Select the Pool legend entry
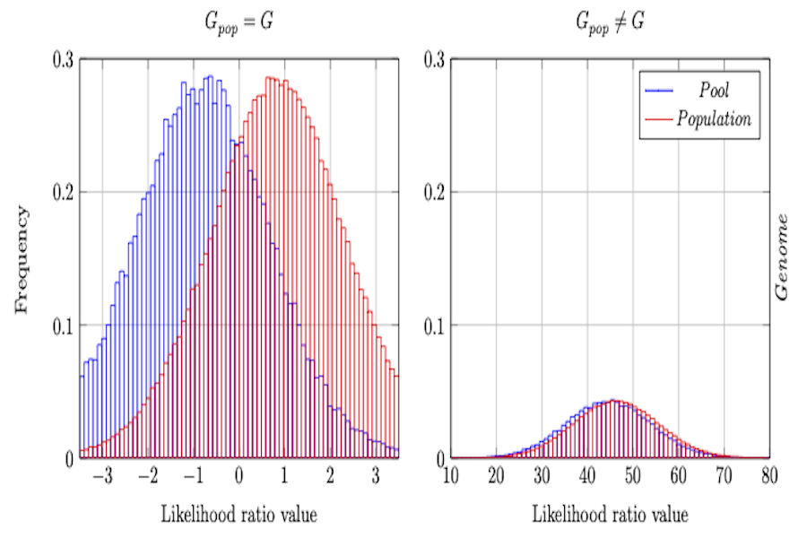tap(715, 92)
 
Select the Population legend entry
tap(715, 119)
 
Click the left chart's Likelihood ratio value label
tap(239, 515)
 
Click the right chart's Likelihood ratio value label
tap(610, 515)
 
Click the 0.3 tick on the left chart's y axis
tap(63, 59)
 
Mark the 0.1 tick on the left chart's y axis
tap(63, 325)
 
